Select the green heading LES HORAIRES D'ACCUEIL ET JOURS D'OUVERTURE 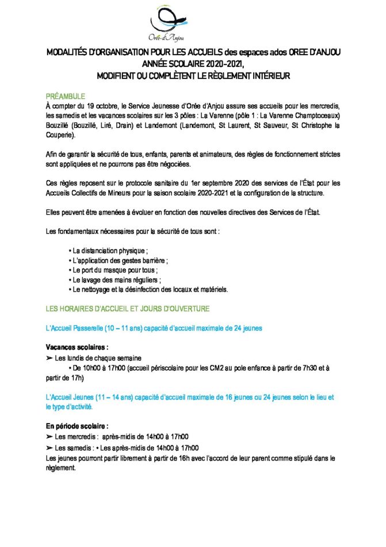(127, 309)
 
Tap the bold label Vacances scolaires (77, 348)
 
